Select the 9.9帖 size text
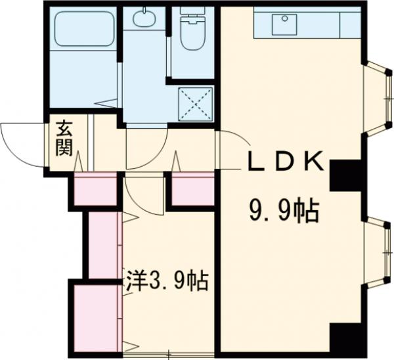pos(283,211)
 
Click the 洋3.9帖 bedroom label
pos(167,283)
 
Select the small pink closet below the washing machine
pos(193,189)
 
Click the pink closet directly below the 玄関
pos(96,191)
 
